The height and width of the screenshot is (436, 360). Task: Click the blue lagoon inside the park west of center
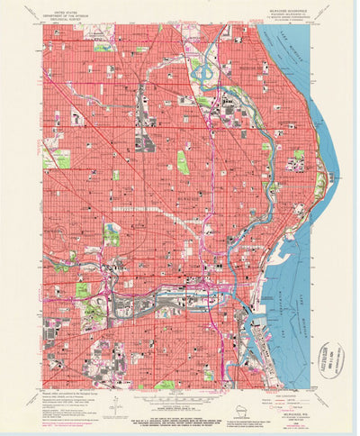click(112, 236)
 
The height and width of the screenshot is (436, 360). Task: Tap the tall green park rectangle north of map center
click(183, 162)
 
